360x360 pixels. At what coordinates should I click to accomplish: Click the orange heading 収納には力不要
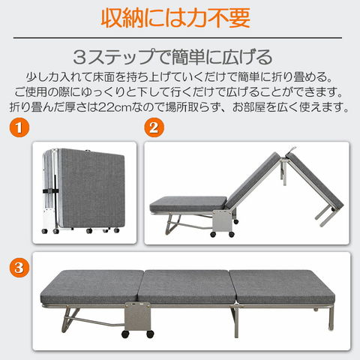tap(175, 18)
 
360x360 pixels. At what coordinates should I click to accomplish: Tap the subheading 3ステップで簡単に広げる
tap(172, 57)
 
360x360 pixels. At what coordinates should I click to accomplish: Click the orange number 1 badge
tap(19, 127)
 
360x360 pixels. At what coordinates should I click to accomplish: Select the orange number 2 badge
tap(154, 127)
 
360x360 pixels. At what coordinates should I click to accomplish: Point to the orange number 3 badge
tap(19, 268)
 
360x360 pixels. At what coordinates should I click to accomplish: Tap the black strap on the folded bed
tap(51, 191)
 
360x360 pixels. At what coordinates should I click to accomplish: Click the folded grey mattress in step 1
tap(91, 188)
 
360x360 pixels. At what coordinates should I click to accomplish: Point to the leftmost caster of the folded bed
tap(45, 231)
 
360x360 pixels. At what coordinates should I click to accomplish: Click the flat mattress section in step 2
tap(188, 204)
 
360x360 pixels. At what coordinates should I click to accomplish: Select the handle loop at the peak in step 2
tap(292, 150)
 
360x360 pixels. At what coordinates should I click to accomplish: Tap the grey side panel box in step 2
tap(222, 221)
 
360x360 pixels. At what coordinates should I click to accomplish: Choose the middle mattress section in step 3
tap(187, 286)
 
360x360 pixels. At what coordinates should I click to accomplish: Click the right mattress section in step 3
tap(282, 286)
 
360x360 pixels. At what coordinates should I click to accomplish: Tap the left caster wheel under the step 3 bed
tap(125, 334)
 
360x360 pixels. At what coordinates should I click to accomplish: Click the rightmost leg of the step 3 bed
tap(331, 318)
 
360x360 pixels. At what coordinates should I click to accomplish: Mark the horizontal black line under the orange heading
tap(178, 37)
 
